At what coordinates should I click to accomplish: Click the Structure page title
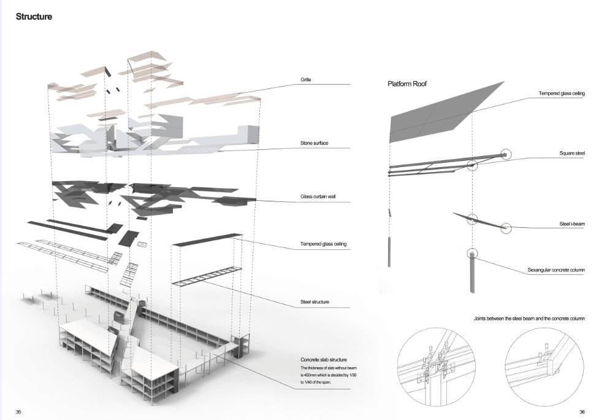(34, 17)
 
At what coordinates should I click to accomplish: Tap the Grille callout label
(306, 80)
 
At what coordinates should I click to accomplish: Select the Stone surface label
(314, 143)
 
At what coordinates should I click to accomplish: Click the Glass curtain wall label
(318, 197)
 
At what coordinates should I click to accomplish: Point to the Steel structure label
(315, 301)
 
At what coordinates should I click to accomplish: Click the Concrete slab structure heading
(324, 359)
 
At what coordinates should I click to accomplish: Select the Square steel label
(571, 153)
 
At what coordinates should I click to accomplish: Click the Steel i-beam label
(571, 224)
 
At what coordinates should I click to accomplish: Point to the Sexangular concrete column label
(555, 270)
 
